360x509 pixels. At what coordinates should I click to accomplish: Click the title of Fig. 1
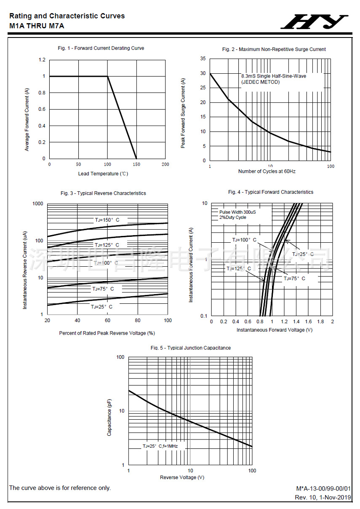[101, 48]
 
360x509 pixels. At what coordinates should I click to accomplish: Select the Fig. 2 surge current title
[274, 49]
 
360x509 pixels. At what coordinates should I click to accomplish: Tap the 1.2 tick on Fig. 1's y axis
[42, 60]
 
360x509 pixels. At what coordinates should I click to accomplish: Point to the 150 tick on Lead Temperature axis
[136, 164]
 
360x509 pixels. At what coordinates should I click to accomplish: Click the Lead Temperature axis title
[103, 174]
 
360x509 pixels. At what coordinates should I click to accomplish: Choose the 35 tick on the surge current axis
[203, 59]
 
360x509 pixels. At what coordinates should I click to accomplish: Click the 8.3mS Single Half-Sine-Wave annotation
[273, 76]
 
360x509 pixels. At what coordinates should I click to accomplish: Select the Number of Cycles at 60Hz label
[267, 171]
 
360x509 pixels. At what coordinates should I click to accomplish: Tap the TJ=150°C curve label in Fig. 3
[107, 220]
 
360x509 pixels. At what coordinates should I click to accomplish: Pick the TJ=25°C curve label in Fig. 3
[101, 307]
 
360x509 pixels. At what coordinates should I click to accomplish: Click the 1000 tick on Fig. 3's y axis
[38, 204]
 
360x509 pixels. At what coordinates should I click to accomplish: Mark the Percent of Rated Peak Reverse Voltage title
[107, 333]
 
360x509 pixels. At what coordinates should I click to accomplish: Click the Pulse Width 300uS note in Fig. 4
[237, 212]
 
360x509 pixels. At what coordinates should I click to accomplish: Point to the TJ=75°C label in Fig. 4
[294, 279]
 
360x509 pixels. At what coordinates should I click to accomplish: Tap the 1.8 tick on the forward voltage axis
[320, 321]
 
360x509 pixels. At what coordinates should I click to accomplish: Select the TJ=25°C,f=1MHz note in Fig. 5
[160, 446]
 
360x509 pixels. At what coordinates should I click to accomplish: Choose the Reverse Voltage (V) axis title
[182, 477]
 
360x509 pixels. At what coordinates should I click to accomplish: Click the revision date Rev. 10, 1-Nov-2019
[323, 498]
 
